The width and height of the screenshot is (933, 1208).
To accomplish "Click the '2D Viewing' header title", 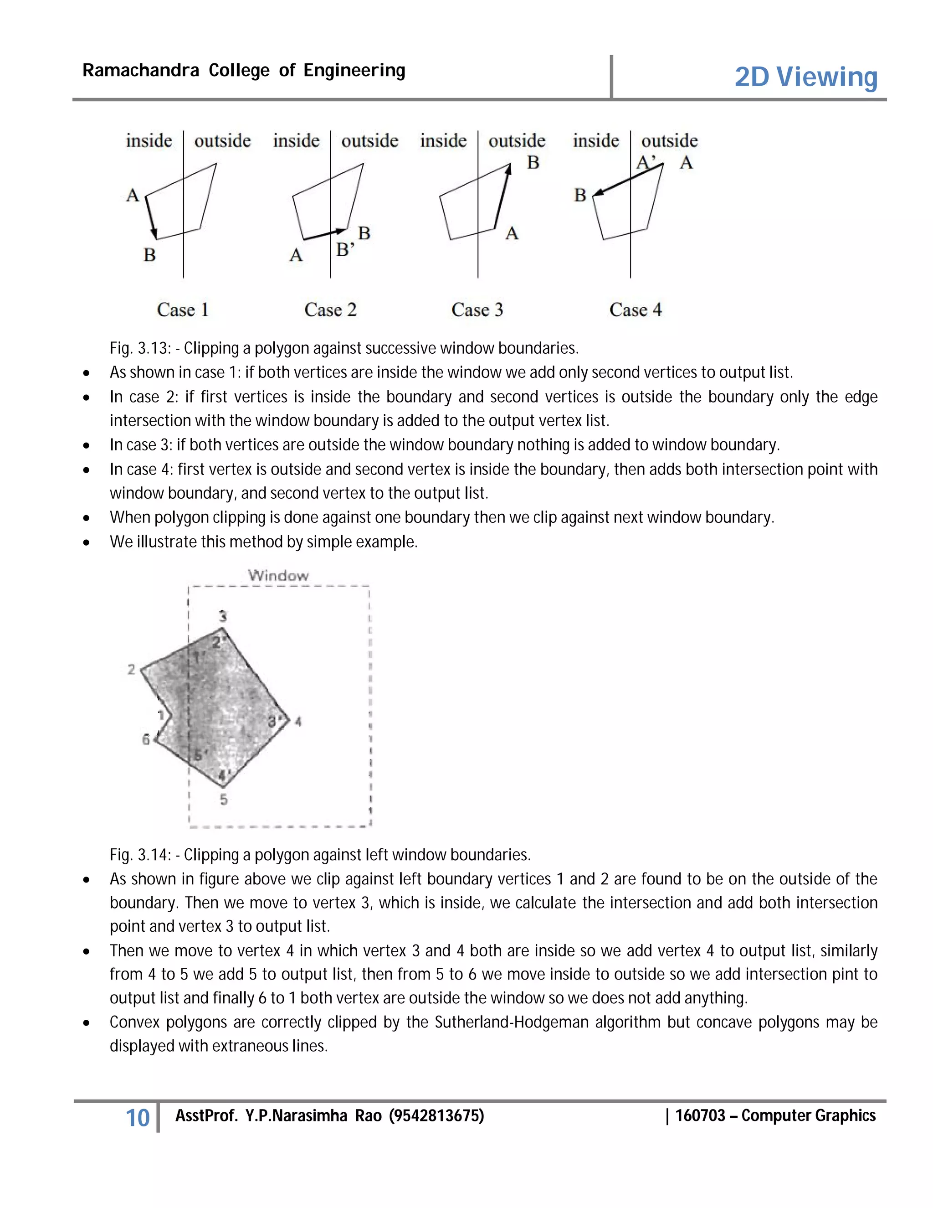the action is (805, 77).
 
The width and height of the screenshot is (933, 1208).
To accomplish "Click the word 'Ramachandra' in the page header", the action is (140, 70).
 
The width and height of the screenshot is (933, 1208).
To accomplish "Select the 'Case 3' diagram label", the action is (477, 310).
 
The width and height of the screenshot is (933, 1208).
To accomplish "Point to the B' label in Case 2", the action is (345, 250).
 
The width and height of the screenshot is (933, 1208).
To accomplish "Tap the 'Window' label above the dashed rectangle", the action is (278, 575).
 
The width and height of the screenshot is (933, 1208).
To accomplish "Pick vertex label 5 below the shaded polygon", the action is (223, 799).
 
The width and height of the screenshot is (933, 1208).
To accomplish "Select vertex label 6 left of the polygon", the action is (146, 739).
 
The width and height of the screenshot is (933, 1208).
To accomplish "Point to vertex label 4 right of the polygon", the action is (298, 721).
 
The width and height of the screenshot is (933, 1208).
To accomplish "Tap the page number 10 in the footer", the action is (138, 1118).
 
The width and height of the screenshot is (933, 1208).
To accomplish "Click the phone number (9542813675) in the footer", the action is (436, 1115).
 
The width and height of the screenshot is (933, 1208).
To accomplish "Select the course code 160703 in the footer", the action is (700, 1115).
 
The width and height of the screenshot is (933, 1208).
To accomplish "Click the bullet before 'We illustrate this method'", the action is (86, 542).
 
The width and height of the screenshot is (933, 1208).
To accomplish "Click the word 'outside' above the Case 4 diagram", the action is (669, 140).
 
